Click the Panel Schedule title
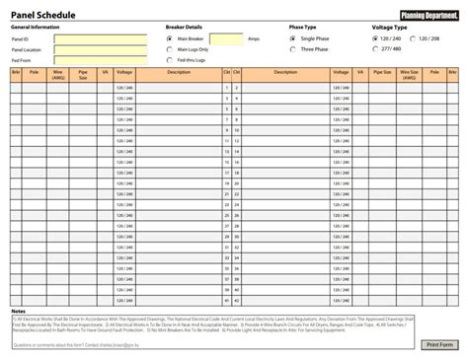[x=40, y=14]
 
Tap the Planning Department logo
[x=429, y=14]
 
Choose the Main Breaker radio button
[x=169, y=38]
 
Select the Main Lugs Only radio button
[x=169, y=49]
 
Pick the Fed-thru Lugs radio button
[x=169, y=60]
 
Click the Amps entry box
[x=229, y=38]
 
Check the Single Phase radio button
[x=292, y=38]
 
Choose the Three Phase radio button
[x=292, y=48]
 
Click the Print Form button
[x=439, y=345]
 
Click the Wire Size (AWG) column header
[x=410, y=74]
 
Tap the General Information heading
[x=36, y=27]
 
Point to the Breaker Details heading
[x=183, y=27]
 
